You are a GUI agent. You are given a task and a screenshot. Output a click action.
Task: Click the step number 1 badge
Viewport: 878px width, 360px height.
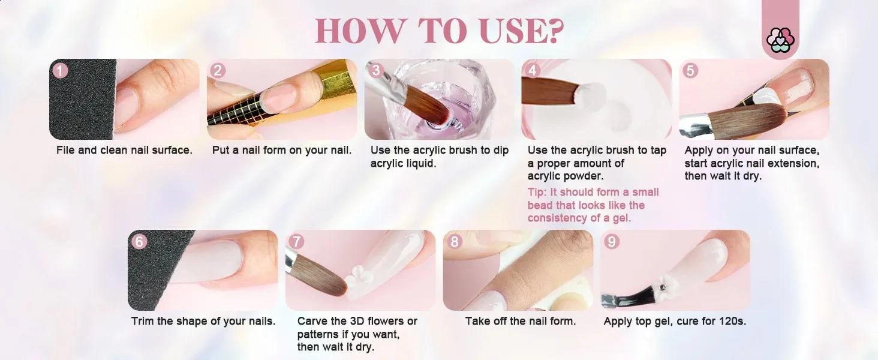point(60,71)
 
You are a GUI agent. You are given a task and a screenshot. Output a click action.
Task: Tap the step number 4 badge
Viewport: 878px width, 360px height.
point(532,71)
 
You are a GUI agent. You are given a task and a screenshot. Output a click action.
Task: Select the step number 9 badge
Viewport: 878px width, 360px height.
point(612,242)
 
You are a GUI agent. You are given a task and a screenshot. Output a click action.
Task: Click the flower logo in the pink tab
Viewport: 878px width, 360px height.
point(780,40)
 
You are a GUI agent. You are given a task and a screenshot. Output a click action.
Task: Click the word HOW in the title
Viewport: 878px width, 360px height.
point(359,31)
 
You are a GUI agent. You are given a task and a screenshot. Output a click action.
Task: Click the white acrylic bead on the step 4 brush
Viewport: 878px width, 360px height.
point(588,94)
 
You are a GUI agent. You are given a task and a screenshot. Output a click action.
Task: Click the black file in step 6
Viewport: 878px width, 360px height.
point(161,270)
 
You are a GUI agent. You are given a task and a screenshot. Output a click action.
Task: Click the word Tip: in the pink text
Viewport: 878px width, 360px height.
point(537,193)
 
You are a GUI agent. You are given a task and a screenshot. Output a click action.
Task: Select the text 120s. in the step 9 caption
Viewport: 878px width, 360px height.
point(733,321)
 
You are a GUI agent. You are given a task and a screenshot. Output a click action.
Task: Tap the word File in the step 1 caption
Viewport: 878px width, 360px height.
point(65,150)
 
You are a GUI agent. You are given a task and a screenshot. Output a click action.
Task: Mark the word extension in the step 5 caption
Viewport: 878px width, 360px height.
point(798,163)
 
